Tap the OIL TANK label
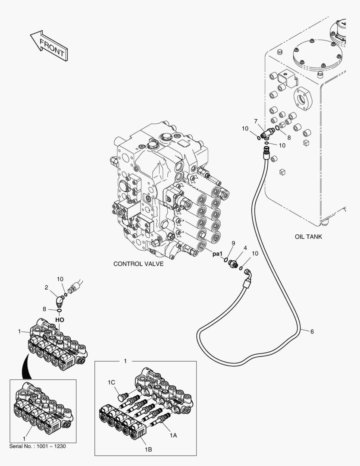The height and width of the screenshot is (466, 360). click(308, 237)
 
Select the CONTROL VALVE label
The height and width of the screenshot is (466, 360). click(138, 264)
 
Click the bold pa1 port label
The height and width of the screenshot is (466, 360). click(217, 254)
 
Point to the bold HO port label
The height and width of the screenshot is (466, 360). click(59, 320)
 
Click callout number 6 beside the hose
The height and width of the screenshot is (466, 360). click(312, 332)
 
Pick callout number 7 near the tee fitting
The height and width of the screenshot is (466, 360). click(255, 121)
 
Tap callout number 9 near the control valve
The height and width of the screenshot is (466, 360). click(233, 243)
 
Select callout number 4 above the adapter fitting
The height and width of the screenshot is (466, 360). click(245, 248)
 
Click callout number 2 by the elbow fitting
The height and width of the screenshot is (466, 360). click(46, 287)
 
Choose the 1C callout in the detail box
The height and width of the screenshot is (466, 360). click(111, 382)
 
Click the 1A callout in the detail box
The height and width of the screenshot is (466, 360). click(173, 435)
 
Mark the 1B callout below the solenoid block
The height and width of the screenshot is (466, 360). click(148, 450)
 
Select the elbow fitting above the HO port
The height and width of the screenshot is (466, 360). click(59, 301)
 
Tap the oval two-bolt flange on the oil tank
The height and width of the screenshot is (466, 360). click(303, 98)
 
